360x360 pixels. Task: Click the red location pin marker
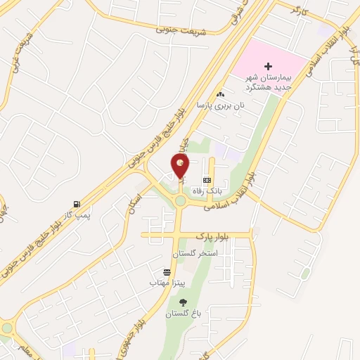point(181,166)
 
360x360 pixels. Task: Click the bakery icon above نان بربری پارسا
point(221,94)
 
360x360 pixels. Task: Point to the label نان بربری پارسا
point(220,105)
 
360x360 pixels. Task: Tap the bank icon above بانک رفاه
point(206,180)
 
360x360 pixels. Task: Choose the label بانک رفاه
point(212,191)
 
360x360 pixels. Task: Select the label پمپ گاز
point(79,214)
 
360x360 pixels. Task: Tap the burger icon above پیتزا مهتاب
point(167,271)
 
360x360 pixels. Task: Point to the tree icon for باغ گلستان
point(183,302)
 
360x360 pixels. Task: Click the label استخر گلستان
point(195,252)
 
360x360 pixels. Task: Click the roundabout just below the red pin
point(181,202)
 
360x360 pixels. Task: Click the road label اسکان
point(135,203)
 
